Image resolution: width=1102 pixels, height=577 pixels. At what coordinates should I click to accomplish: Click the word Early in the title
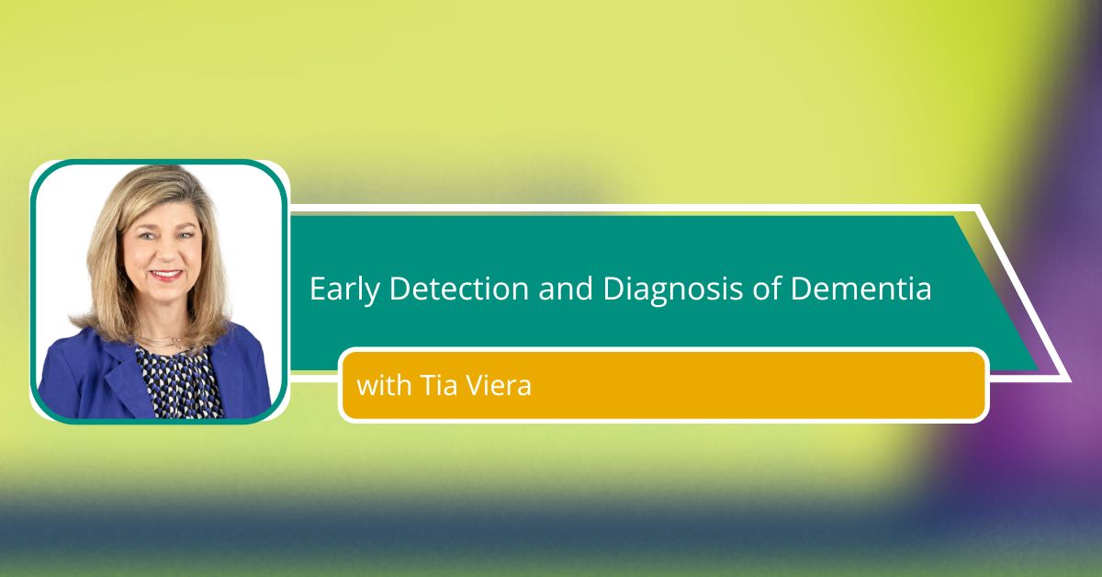[x=344, y=289]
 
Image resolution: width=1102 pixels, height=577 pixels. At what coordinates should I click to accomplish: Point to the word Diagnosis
[x=672, y=289]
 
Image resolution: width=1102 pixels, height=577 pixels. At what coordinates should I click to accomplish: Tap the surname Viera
[x=499, y=385]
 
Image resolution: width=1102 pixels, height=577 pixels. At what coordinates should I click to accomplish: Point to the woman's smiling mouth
[x=166, y=274]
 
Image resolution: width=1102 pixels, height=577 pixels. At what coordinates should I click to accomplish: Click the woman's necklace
[x=160, y=341]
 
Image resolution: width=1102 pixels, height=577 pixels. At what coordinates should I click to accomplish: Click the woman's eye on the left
[x=146, y=236]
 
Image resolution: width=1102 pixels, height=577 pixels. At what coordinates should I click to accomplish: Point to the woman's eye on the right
[x=184, y=235]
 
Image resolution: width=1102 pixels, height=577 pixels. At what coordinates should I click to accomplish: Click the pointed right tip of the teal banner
[x=1038, y=368]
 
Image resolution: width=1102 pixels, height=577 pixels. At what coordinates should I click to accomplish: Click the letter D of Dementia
[x=800, y=289]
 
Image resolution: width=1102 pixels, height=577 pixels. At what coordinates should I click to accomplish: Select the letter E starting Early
[x=317, y=289]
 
